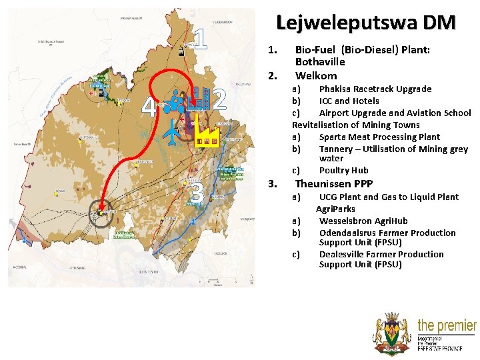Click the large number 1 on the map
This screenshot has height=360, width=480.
click(x=202, y=39)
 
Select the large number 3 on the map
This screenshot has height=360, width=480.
click(x=197, y=193)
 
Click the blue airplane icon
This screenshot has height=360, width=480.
click(x=173, y=132)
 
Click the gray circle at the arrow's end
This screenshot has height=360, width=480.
click(x=102, y=213)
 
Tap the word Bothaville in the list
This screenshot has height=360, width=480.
click(x=320, y=62)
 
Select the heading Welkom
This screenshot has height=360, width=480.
click(x=316, y=75)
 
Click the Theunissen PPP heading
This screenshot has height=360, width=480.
click(x=333, y=184)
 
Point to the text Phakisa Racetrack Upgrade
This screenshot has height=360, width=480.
click(x=375, y=89)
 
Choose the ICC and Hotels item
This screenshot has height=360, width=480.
click(x=349, y=101)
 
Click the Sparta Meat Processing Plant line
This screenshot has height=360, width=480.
click(x=379, y=137)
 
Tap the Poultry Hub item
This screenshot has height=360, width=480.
click(x=343, y=171)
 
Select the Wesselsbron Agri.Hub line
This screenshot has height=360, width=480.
click(x=363, y=221)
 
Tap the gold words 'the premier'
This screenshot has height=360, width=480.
click(x=446, y=326)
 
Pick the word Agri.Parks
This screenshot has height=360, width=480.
click(x=335, y=209)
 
